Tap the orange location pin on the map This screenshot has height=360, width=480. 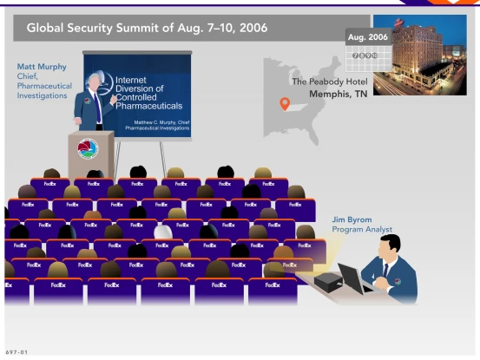[284, 104]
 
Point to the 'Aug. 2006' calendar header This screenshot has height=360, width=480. [367, 38]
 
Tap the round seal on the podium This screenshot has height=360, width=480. [88, 148]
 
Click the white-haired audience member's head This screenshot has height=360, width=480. [162, 232]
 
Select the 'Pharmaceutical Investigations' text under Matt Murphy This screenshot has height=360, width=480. [43, 89]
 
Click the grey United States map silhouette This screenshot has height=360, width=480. [299, 95]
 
